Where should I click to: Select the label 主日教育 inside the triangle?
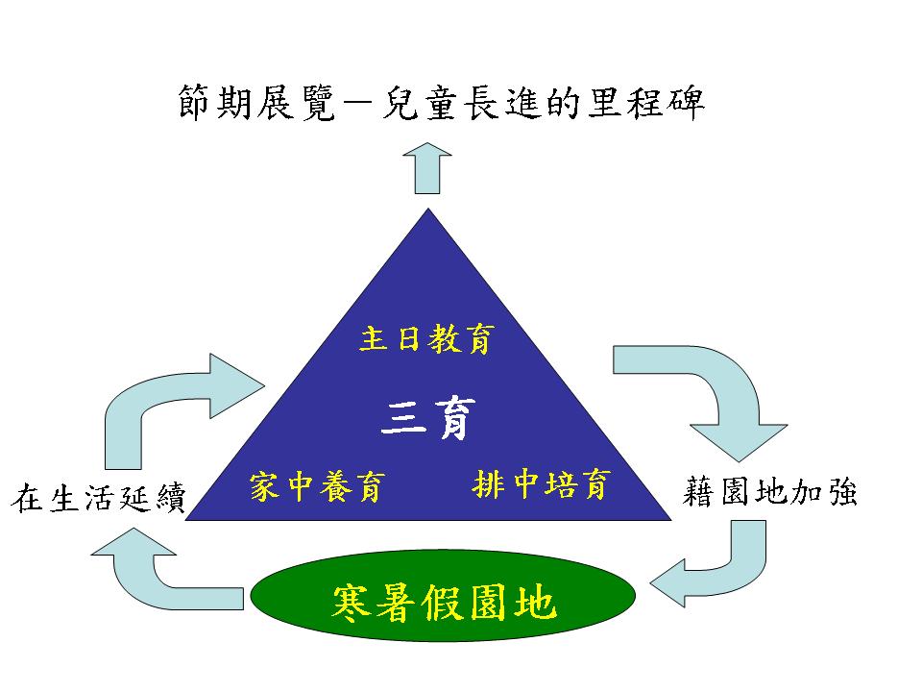click(427, 339)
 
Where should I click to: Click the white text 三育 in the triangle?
click(427, 419)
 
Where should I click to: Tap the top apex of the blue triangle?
click(426, 210)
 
